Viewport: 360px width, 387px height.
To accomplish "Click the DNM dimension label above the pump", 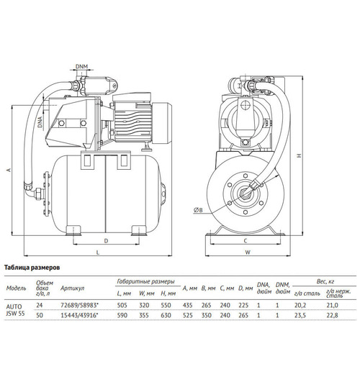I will click(84, 67).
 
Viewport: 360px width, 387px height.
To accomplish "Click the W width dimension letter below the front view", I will click(246, 252).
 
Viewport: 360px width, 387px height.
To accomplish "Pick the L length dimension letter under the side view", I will click(97, 252).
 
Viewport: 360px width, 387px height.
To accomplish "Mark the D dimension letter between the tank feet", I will click(106, 240).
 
